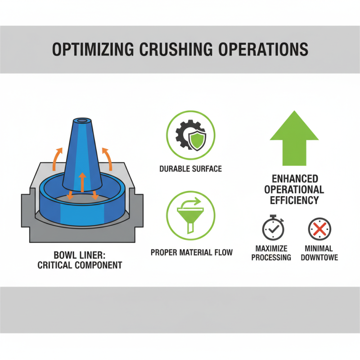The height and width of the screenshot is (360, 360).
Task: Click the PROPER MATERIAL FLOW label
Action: point(192,252)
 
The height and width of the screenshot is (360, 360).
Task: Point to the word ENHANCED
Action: point(295,179)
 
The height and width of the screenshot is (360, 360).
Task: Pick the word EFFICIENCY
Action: point(295,200)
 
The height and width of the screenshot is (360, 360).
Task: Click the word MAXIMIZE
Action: point(271,248)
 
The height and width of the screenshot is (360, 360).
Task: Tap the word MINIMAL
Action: point(318,248)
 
